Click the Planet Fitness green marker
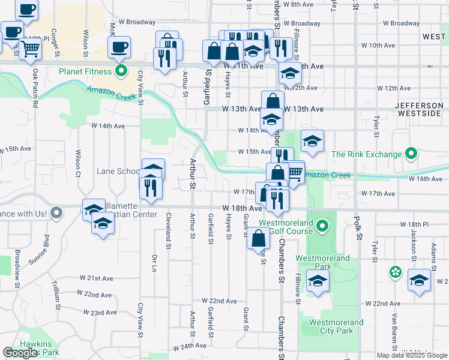pyautogui.click(x=121, y=72)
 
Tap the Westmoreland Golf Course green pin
pyautogui.click(x=322, y=226)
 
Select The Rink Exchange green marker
pyautogui.click(x=411, y=154)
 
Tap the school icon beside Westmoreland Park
pyautogui.click(x=317, y=280)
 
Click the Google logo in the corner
pyautogui.click(x=20, y=353)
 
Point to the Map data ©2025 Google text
pyautogui.click(x=411, y=355)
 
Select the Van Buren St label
pyautogui.click(x=395, y=336)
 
